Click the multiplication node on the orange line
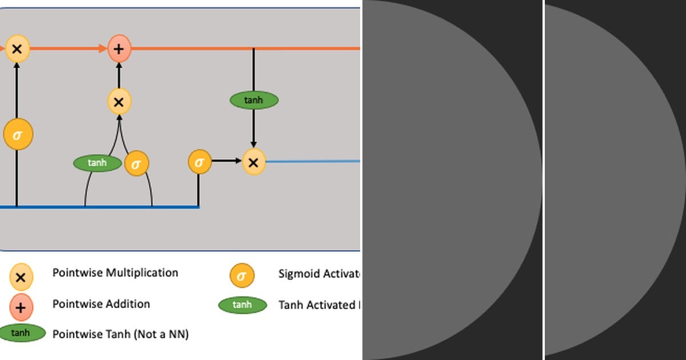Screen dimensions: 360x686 [x=17, y=49]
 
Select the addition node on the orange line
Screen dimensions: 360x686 [x=119, y=49]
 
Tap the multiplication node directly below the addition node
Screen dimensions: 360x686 [x=119, y=102]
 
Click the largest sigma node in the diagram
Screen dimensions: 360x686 [x=18, y=135]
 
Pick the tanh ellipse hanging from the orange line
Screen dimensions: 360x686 [x=254, y=100]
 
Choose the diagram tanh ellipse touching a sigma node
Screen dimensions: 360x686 [x=98, y=163]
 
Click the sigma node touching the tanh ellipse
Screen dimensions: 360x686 [x=136, y=163]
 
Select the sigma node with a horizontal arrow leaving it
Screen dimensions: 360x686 [x=199, y=162]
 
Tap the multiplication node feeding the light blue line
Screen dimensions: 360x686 [x=253, y=162]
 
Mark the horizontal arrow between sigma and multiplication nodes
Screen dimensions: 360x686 [x=226, y=162]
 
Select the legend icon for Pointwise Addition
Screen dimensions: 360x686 [x=21, y=308]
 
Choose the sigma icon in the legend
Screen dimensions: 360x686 [x=242, y=276]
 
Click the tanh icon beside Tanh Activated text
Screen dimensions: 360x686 [x=242, y=305]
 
